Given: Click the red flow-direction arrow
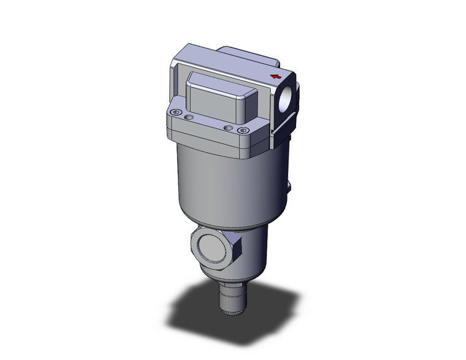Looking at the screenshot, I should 276,77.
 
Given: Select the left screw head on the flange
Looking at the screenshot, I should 177,113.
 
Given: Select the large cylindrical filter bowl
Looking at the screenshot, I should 227,184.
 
